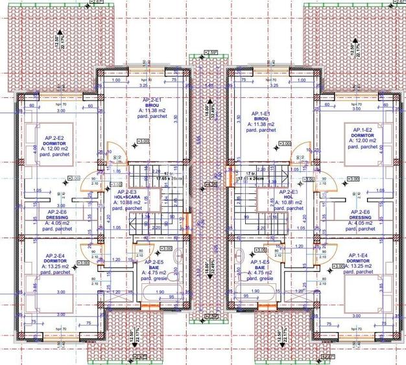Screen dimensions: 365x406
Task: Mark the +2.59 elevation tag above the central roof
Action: [209, 52]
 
